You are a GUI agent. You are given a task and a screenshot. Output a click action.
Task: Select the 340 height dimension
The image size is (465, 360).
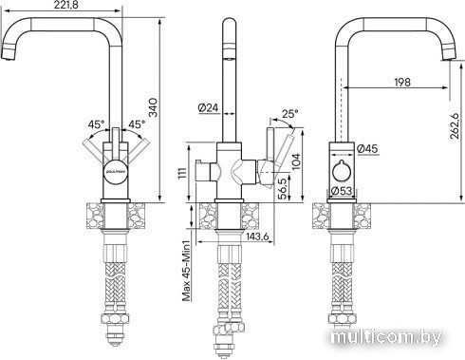click(x=153, y=107)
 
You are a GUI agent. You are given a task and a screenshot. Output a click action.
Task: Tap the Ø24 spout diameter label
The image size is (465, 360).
click(x=209, y=108)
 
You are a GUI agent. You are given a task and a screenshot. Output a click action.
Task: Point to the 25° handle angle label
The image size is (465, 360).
click(x=289, y=114)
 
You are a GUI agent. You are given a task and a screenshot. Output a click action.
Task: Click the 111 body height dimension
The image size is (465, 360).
click(x=183, y=173)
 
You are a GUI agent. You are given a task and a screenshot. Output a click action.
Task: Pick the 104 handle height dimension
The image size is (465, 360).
click(x=296, y=161)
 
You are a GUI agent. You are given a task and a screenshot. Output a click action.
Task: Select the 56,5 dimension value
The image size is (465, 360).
click(x=283, y=188)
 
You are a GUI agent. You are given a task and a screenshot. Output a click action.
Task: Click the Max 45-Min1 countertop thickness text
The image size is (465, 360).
click(x=187, y=271)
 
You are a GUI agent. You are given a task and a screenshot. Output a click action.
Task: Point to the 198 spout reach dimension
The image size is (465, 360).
click(x=402, y=82)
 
